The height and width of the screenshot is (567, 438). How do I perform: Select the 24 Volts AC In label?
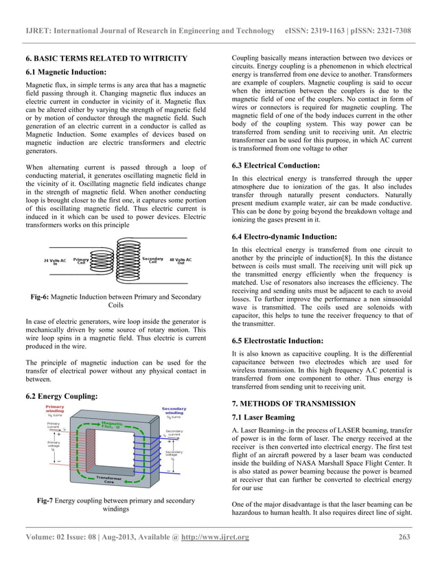[x=55, y=262]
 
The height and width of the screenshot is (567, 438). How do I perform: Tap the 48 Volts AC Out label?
[x=181, y=262]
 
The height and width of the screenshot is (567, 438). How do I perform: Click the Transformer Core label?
[x=111, y=480]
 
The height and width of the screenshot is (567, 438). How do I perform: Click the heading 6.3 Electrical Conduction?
[x=275, y=165]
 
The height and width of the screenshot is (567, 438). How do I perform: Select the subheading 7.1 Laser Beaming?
[x=264, y=417]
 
